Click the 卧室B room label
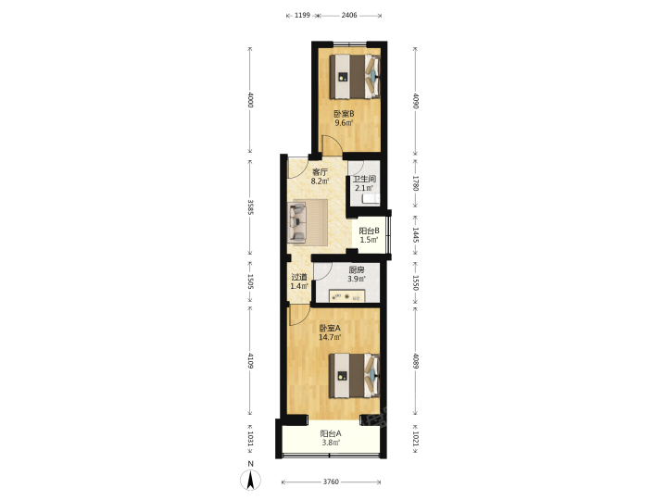pyautogui.click(x=344, y=114)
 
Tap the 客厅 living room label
pyautogui.click(x=320, y=172)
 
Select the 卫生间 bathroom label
pyautogui.click(x=364, y=179)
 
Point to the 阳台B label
pyautogui.click(x=369, y=231)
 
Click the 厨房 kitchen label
pyautogui.click(x=357, y=270)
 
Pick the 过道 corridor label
pyautogui.click(x=299, y=277)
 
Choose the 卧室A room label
pyautogui.click(x=330, y=328)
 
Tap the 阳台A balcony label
pyautogui.click(x=331, y=433)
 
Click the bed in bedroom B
pyautogui.click(x=355, y=77)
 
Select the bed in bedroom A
pyautogui.click(x=355, y=376)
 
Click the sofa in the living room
pyautogui.click(x=297, y=222)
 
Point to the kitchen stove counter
pyautogui.click(x=347, y=296)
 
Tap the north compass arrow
pyautogui.click(x=251, y=480)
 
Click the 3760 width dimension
pyautogui.click(x=331, y=481)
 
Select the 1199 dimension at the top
pyautogui.click(x=302, y=16)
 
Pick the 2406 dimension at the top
pyautogui.click(x=349, y=16)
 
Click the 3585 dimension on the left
pyautogui.click(x=250, y=207)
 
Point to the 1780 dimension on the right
pyautogui.click(x=416, y=183)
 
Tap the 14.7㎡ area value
pyautogui.click(x=330, y=338)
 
